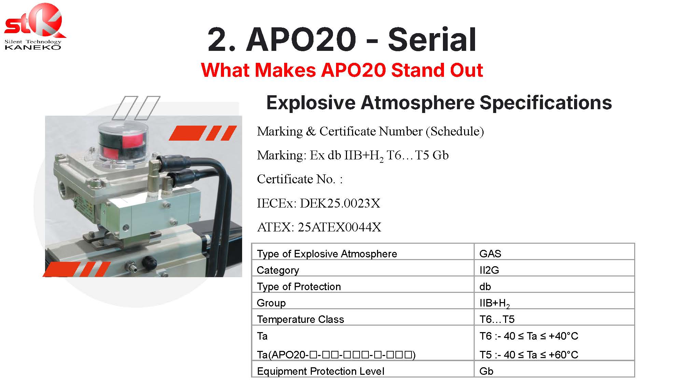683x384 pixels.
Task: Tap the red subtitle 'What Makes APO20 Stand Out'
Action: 342,70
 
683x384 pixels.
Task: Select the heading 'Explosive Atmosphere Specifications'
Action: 439,102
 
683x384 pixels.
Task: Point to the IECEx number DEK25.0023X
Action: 340,203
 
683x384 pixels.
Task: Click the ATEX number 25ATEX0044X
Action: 339,227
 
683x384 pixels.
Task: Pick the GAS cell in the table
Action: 490,254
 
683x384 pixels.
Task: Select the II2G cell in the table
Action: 489,270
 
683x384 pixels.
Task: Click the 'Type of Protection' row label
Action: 299,287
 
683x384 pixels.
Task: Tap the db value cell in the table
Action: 485,286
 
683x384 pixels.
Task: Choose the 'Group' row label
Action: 271,303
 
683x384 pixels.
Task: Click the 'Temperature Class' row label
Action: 301,319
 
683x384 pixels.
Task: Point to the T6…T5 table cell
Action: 497,319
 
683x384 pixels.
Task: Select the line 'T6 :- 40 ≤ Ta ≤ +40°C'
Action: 529,336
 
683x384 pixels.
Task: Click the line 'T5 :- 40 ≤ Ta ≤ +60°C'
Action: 529,355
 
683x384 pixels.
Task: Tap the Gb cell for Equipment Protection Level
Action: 486,371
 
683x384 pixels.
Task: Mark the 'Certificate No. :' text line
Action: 299,179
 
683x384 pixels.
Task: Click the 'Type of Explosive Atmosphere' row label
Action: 327,254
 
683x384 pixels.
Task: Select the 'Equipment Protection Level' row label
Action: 321,371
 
